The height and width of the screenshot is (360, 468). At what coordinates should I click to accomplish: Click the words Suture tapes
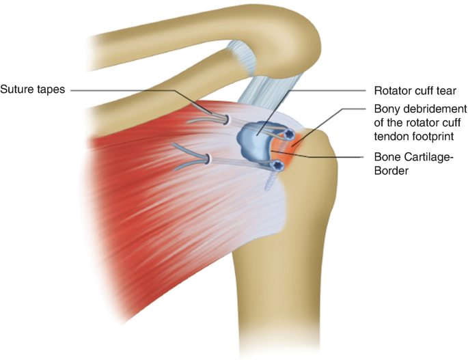coord(33,89)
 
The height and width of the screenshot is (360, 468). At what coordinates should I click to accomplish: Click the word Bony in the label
coord(387,109)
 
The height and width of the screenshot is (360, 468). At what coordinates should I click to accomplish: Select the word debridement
coord(432,109)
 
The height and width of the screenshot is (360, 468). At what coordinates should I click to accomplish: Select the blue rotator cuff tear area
coord(254,139)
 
